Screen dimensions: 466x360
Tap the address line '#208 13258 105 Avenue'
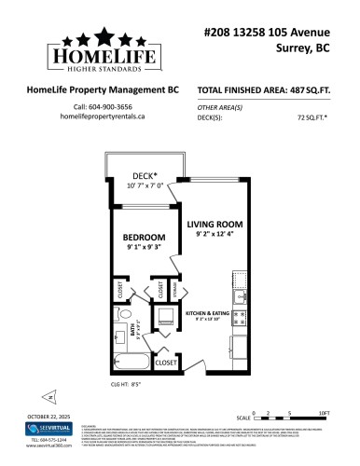click(279, 32)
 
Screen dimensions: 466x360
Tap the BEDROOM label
click(144, 237)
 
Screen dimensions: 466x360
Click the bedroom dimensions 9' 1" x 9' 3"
click(144, 247)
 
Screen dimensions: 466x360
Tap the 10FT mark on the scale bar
click(324, 412)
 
